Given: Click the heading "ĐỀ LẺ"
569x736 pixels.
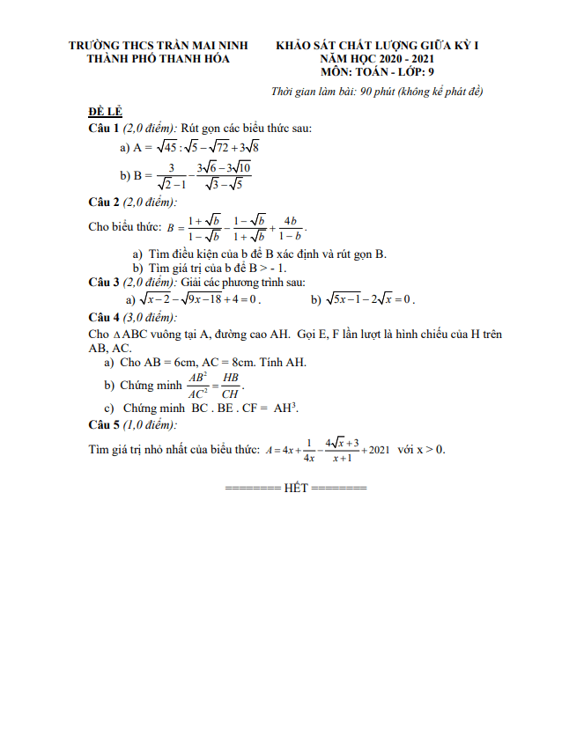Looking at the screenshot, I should coord(105,114).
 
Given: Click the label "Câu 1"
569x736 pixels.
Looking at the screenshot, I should coord(105,129).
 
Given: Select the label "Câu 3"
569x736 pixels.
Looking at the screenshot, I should coord(105,282).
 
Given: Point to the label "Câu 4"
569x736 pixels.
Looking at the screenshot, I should coord(105,317).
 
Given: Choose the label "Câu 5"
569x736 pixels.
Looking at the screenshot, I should coord(105,425).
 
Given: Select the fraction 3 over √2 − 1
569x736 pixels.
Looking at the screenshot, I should coord(172,176).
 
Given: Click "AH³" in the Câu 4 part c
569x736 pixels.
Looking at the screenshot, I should coord(286,408).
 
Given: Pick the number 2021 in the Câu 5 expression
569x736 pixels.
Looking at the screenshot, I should coord(380,450).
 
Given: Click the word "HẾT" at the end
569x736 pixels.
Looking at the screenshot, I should coord(296,488).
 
